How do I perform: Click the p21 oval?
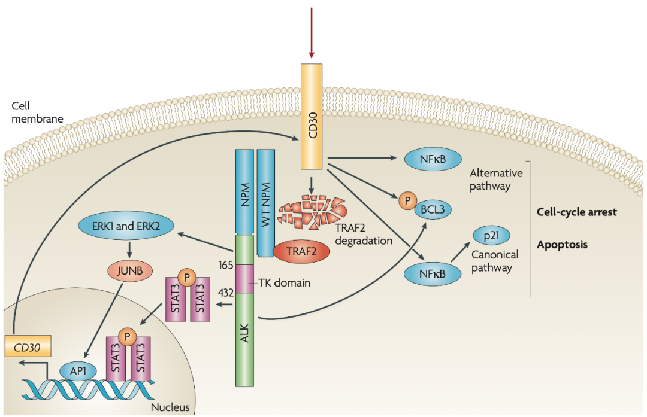point(492,236)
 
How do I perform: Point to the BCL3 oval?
point(428,210)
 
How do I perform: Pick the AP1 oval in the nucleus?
point(78,370)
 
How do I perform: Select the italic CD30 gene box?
point(28,346)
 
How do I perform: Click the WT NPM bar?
point(266,201)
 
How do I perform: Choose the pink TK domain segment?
point(244,279)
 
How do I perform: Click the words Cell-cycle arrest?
point(577,212)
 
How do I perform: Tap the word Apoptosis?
point(562,245)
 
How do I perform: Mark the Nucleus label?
point(170,408)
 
